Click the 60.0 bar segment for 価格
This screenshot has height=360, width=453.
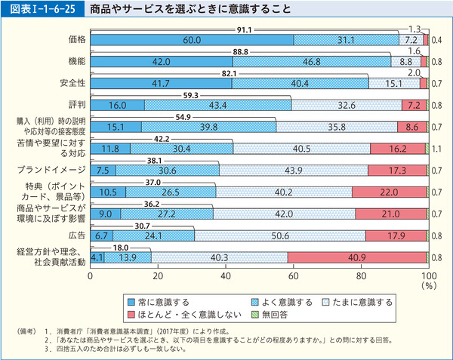191,39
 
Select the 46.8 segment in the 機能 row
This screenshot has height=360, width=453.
312,62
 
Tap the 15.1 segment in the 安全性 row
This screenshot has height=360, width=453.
393,84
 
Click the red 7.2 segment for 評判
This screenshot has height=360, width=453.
412,106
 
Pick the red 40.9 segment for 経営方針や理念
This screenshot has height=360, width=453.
355,258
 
